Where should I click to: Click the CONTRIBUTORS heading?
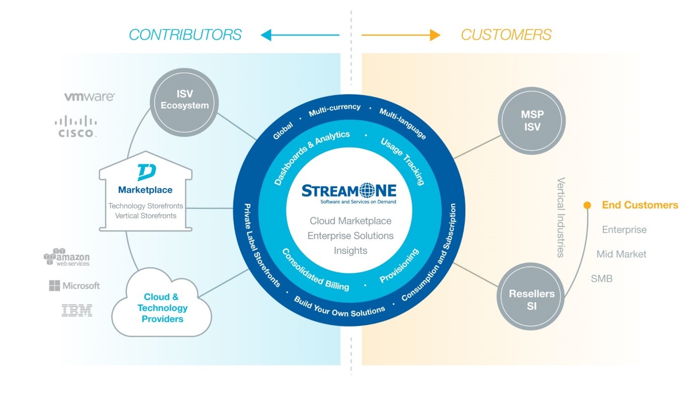pos(185,35)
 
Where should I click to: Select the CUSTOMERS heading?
pos(506,35)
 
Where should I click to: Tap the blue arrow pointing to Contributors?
pos(300,35)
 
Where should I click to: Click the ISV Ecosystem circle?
pos(185,100)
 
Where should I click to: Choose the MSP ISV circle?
pos(532,121)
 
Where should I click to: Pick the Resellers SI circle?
pos(532,299)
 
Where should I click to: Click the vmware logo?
pos(89,97)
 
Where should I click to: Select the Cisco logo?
pos(76,127)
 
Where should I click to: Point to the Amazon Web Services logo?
pos(67,257)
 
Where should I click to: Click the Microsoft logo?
pos(75,286)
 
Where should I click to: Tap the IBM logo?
pos(77,310)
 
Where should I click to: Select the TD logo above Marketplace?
pos(146,172)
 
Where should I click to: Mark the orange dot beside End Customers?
pos(587,205)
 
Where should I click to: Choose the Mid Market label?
pos(621,254)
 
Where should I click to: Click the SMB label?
pos(602,278)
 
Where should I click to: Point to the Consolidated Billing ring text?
pos(315,270)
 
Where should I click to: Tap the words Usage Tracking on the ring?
pos(402,161)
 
